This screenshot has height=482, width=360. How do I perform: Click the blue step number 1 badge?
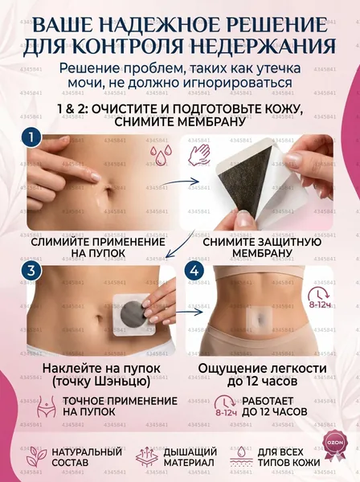[x=31, y=137]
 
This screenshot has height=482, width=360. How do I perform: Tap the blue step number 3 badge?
[x=31, y=271]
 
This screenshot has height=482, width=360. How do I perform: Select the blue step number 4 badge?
[x=194, y=271]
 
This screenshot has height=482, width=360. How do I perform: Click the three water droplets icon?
[x=161, y=154]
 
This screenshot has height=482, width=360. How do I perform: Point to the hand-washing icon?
[x=199, y=154]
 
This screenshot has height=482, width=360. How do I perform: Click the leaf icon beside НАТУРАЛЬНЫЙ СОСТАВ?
[x=36, y=457]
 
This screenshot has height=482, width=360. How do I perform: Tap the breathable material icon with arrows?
[x=146, y=457]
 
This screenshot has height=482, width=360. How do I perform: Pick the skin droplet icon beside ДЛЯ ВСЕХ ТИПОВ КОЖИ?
[x=241, y=457]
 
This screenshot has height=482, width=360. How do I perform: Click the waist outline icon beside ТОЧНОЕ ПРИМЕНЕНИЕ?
[x=47, y=406]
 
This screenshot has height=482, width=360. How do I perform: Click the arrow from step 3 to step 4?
[x=190, y=312]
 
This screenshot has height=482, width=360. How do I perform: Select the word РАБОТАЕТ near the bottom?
[x=268, y=401]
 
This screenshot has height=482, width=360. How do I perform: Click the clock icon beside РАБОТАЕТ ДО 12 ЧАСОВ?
[x=226, y=406]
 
